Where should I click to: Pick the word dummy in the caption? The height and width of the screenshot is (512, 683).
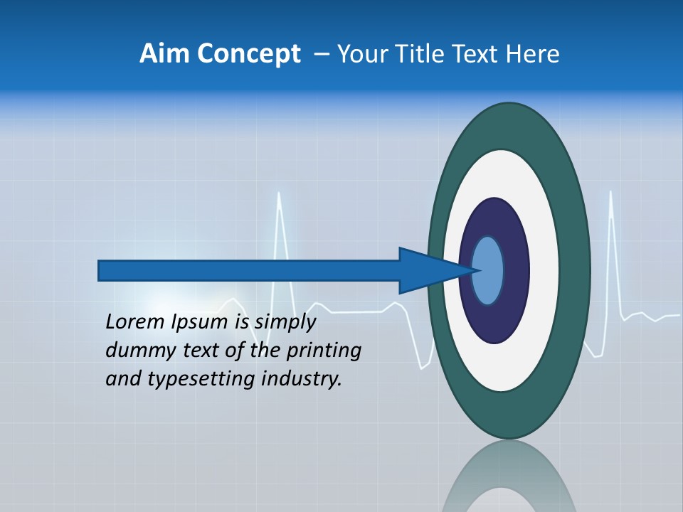[x=133, y=351]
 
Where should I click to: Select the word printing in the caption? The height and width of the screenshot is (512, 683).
[x=324, y=351]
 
